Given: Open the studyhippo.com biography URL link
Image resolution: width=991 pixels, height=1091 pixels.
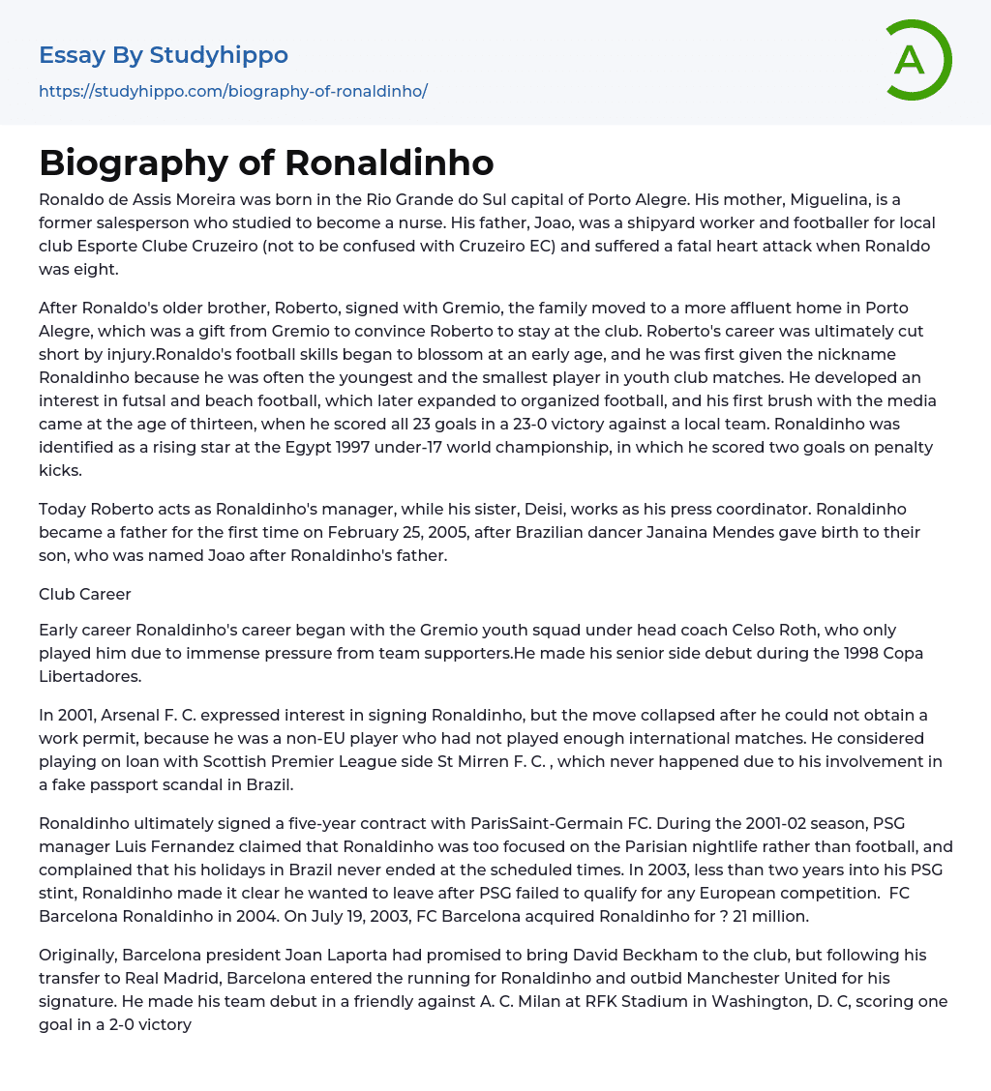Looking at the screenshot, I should (x=232, y=91).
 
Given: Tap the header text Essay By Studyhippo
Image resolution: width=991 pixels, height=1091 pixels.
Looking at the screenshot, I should (x=164, y=55).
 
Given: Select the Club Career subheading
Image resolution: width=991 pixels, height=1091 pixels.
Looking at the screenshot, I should (x=85, y=594).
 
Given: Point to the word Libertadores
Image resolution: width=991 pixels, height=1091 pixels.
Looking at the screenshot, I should (x=90, y=676).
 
